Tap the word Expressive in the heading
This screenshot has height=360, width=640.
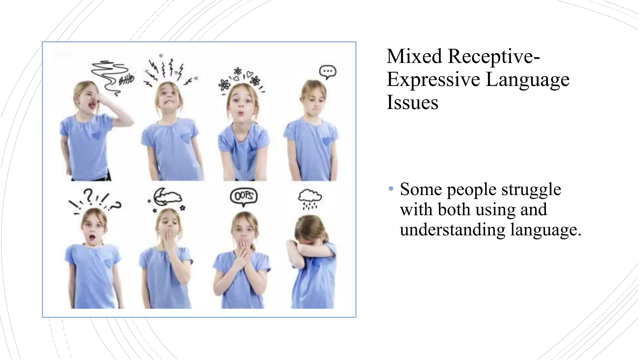coord(433,79)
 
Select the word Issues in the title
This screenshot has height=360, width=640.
coord(412,102)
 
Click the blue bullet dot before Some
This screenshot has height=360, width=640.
coord(391,189)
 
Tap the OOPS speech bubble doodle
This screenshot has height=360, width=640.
coord(243,196)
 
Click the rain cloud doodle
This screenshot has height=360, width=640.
coord(310,199)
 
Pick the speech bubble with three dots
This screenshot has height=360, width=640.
coord(327,72)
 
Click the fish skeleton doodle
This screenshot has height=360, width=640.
coord(126,80)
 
